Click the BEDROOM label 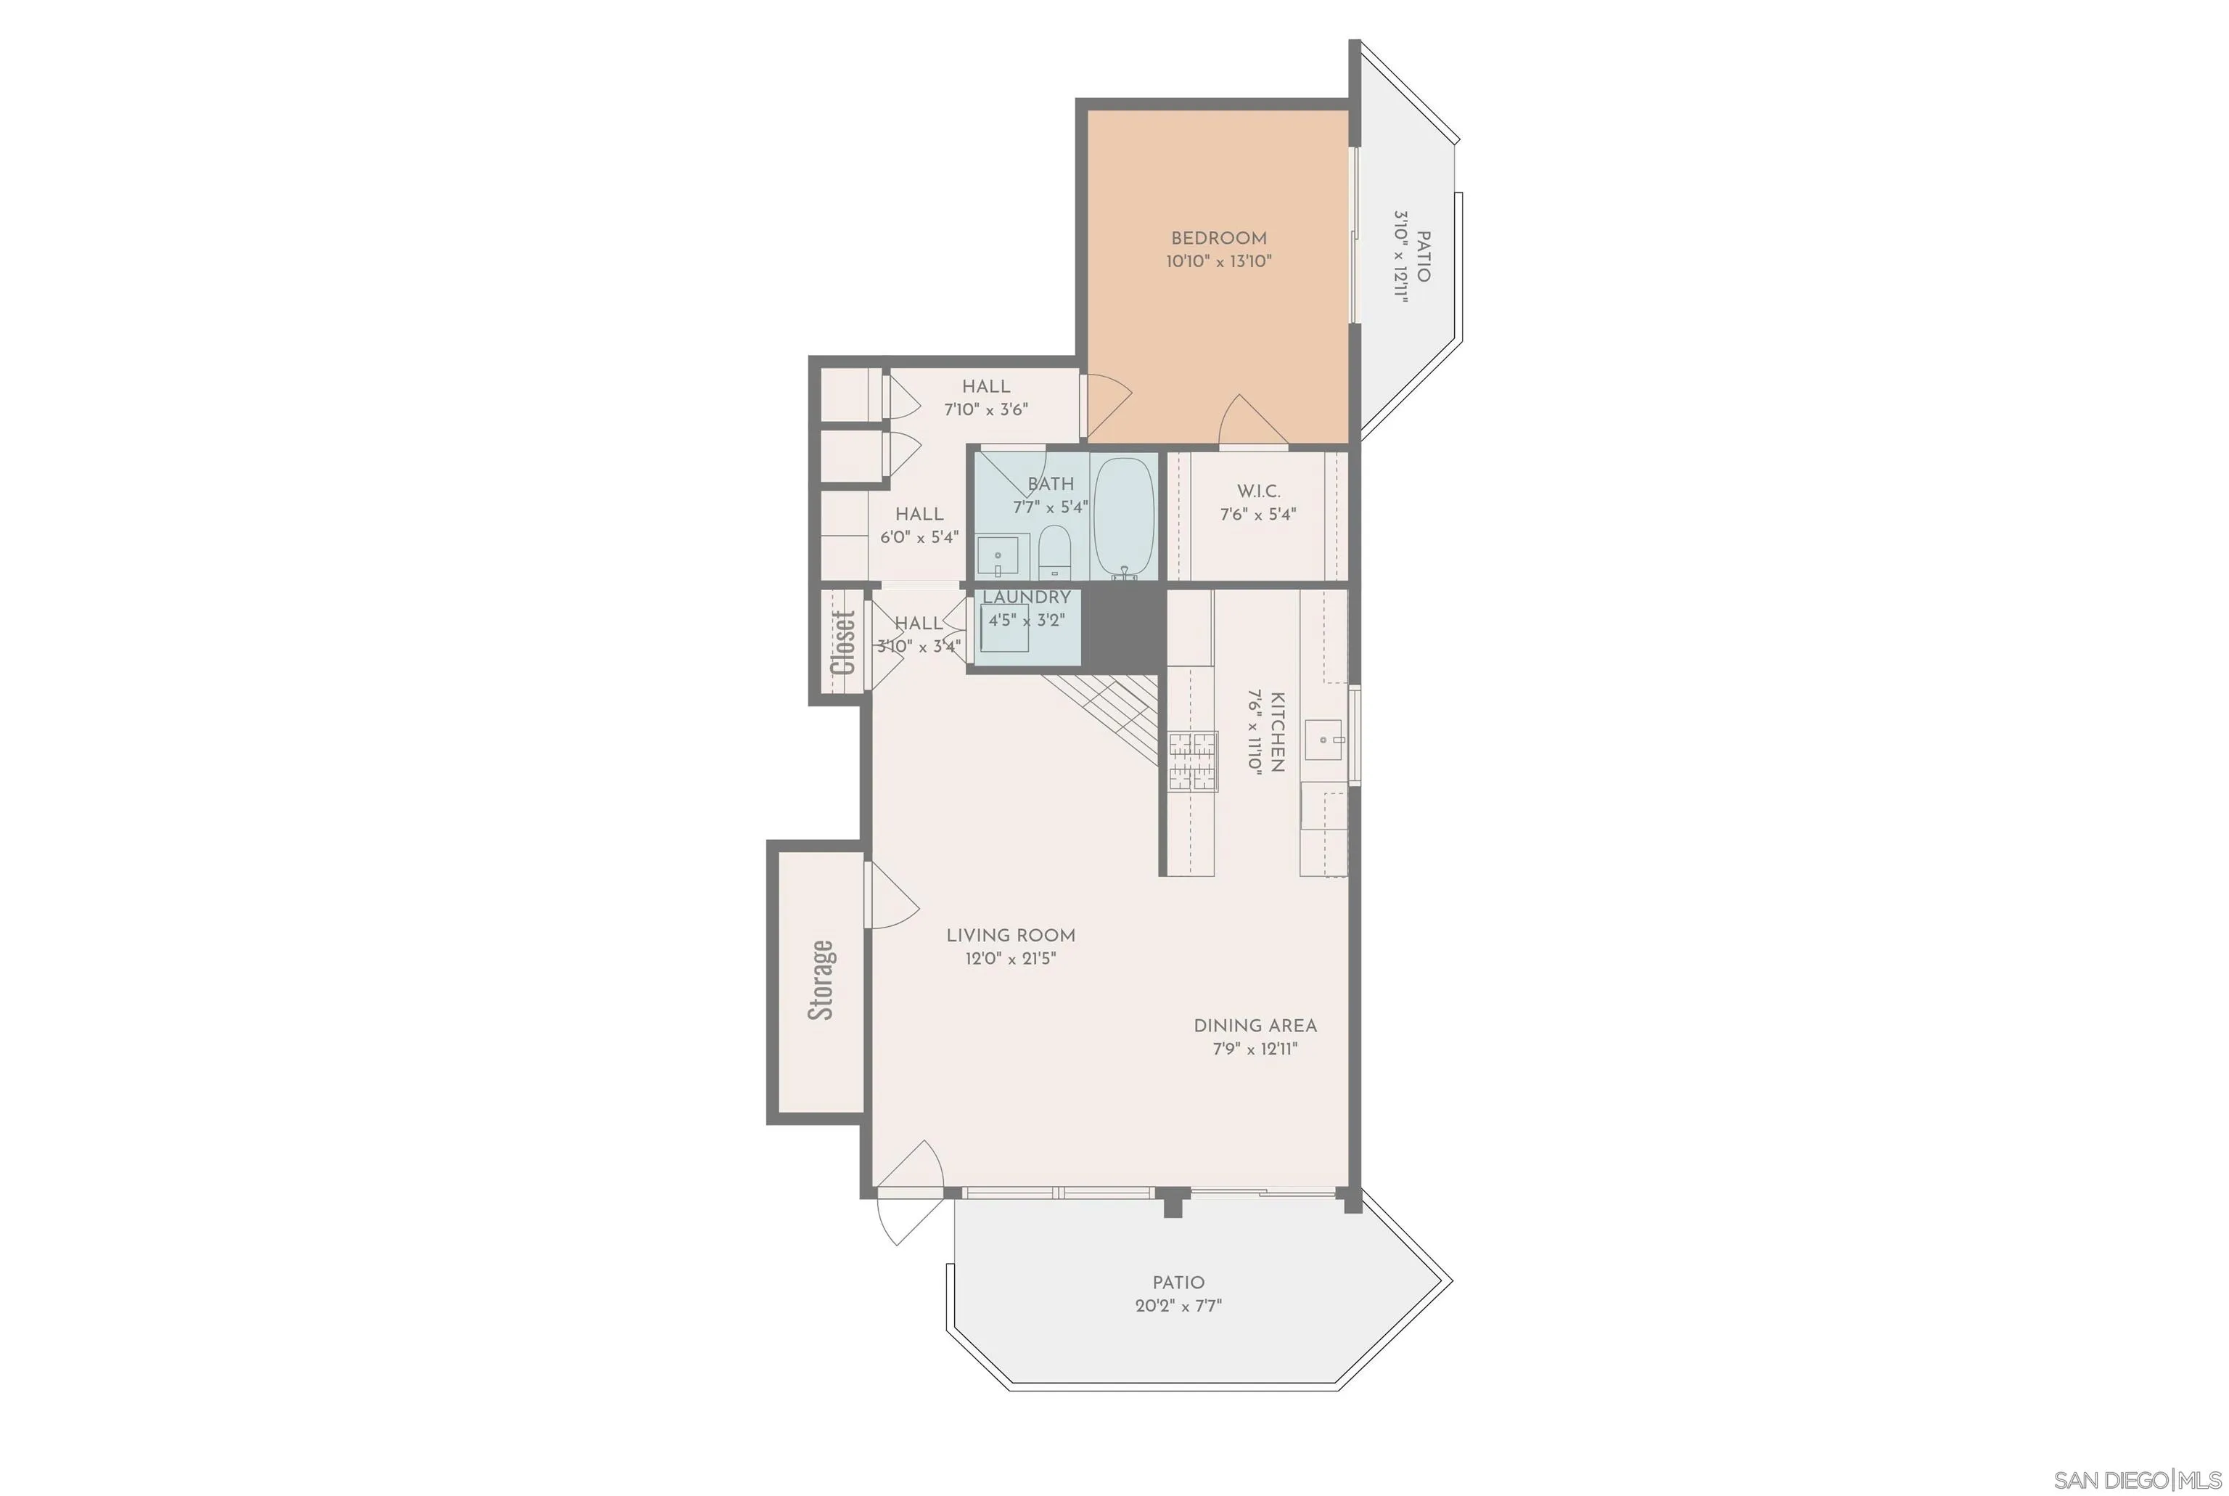(1218, 239)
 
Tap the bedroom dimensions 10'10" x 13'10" (1218, 261)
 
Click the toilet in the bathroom (1054, 552)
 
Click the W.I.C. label (1258, 491)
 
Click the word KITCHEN (1277, 732)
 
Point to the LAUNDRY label (1026, 597)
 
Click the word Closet (842, 642)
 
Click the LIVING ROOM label (1010, 936)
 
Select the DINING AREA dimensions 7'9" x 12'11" (1255, 1050)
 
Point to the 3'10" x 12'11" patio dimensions (1400, 256)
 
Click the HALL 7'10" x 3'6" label (985, 398)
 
